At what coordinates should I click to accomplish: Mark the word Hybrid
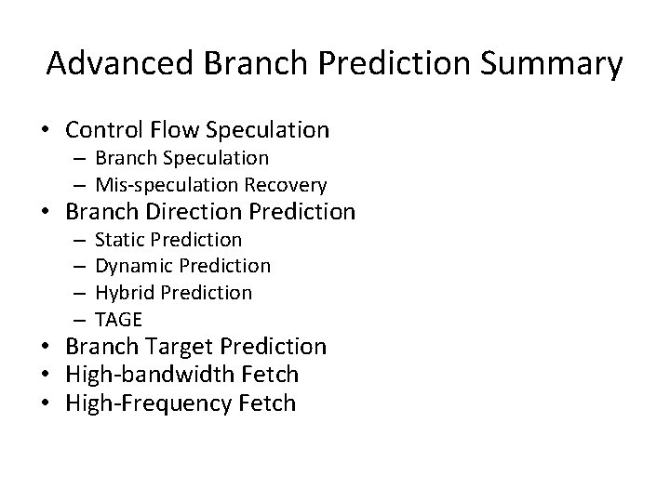(126, 293)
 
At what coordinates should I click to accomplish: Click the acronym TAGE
(118, 320)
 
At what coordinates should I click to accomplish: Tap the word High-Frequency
(138, 403)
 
